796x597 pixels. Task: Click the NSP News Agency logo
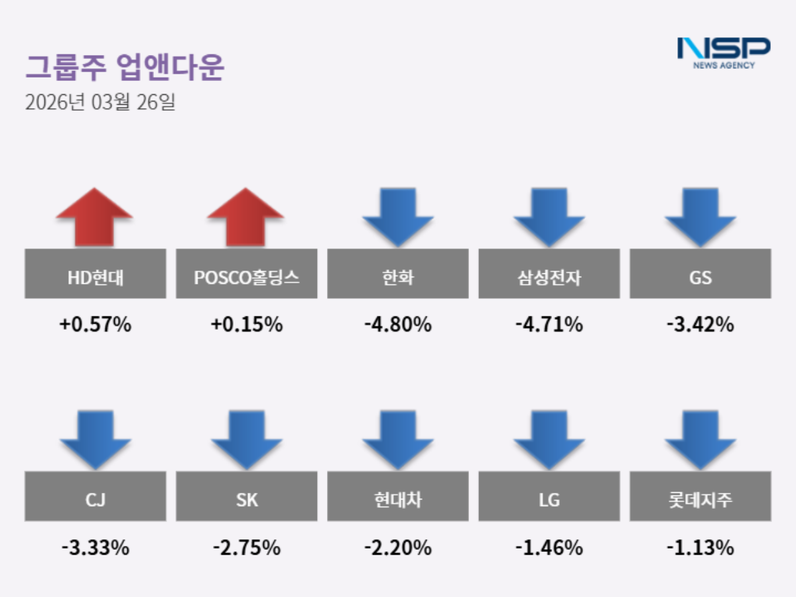[x=723, y=52]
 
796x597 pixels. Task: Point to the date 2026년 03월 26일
[x=99, y=103]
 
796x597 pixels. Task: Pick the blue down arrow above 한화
[x=398, y=216]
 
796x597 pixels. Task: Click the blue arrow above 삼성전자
[x=549, y=216]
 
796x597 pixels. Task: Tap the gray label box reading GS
[x=700, y=273]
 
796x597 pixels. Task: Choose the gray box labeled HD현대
[x=96, y=273]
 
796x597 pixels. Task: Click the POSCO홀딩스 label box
[x=247, y=273]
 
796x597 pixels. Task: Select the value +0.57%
[x=96, y=325]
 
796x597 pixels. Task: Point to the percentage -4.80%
[x=398, y=325]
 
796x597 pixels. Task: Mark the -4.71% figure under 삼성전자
[x=549, y=325]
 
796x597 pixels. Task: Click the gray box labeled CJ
[x=96, y=496]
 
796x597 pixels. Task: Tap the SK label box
[x=247, y=496]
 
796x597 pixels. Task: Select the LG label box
[x=549, y=496]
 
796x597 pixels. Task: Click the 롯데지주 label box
[x=700, y=496]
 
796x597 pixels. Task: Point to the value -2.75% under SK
[x=247, y=548]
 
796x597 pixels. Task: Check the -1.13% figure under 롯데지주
[x=700, y=548]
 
